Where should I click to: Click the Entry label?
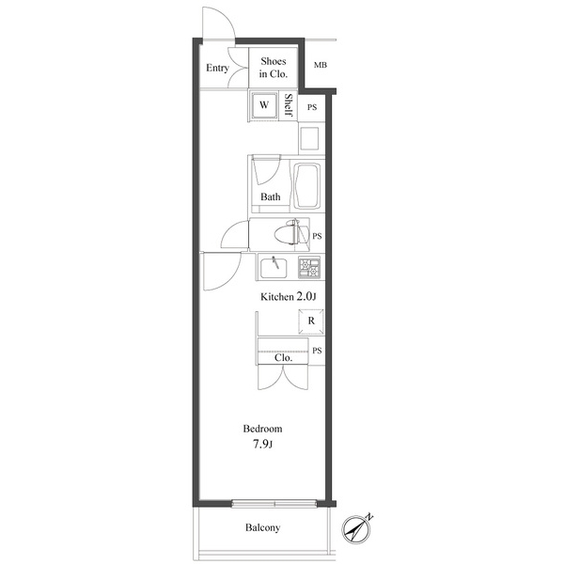(x=217, y=68)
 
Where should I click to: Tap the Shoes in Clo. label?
(x=274, y=68)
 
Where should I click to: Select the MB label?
(x=321, y=66)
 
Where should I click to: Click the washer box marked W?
(x=264, y=105)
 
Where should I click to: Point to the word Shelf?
(x=289, y=106)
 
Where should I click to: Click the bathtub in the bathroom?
(x=306, y=186)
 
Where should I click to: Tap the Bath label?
(x=271, y=197)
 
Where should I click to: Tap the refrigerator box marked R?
(x=310, y=321)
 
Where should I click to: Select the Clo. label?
(x=283, y=358)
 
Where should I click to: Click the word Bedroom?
(x=262, y=429)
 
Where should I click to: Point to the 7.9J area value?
(x=262, y=445)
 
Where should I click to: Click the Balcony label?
(x=262, y=528)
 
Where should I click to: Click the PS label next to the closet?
(x=318, y=352)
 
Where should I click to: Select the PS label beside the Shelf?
(x=312, y=107)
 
